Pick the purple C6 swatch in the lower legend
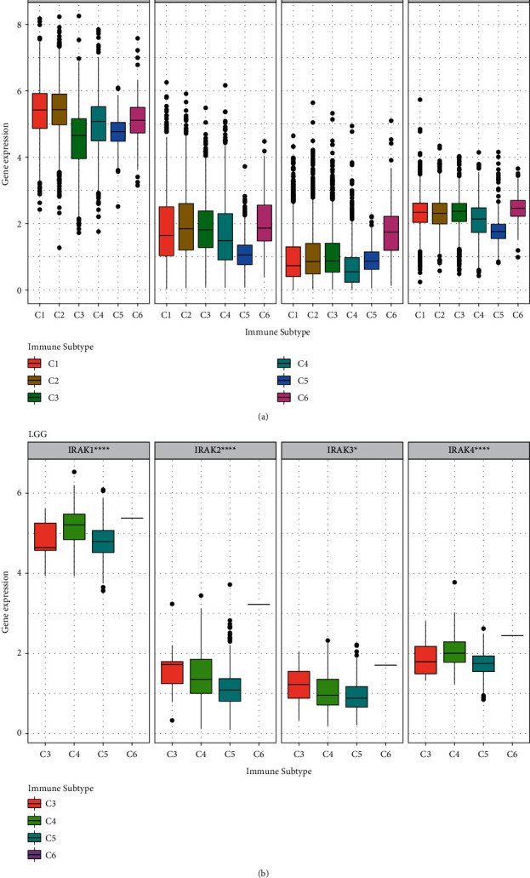[x=36, y=853]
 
